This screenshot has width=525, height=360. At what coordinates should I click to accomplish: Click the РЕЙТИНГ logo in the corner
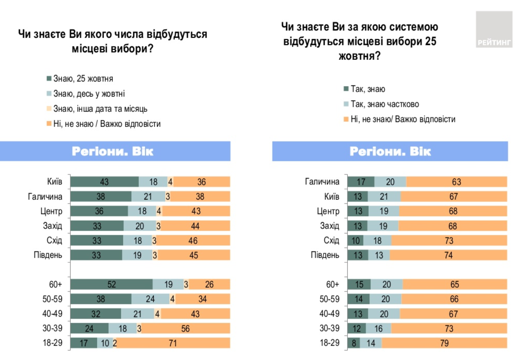click(x=494, y=30)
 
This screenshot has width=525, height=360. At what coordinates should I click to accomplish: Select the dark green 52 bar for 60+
click(x=111, y=284)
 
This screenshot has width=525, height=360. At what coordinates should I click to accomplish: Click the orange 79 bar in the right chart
click(x=444, y=343)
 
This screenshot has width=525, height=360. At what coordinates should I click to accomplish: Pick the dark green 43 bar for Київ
click(x=104, y=182)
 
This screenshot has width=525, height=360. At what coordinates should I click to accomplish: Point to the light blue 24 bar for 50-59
click(x=150, y=299)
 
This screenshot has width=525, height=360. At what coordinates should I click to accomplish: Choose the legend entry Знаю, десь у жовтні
click(x=89, y=94)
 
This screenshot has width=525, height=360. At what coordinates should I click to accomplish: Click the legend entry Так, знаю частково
click(x=384, y=104)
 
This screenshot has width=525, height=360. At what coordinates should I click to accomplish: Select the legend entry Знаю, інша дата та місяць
click(x=100, y=109)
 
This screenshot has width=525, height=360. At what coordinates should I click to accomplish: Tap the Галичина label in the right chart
click(x=322, y=182)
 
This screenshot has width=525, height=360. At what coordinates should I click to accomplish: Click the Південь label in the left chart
click(x=48, y=255)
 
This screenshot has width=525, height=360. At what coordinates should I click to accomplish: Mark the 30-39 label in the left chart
click(x=52, y=328)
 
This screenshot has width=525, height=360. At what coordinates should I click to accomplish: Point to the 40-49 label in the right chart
click(x=329, y=314)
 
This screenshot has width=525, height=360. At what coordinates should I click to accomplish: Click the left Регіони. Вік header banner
click(x=115, y=151)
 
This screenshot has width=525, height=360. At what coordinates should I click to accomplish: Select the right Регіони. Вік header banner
click(x=390, y=151)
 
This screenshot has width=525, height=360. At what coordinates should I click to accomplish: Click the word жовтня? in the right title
click(x=360, y=56)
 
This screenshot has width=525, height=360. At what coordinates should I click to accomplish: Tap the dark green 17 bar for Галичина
click(x=361, y=182)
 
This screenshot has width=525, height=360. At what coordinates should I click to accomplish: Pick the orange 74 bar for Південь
click(x=448, y=255)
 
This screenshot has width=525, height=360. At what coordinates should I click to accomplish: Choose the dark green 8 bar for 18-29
click(x=354, y=343)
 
